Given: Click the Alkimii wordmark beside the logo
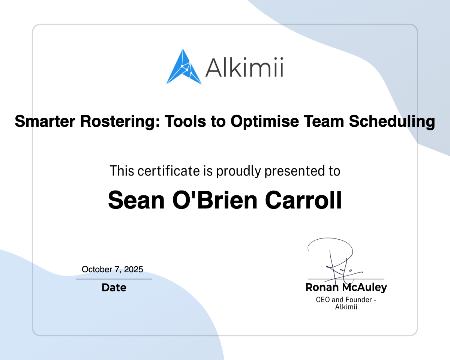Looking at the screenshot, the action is pyautogui.click(x=244, y=67).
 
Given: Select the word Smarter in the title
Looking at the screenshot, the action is pyautogui.click(x=45, y=121).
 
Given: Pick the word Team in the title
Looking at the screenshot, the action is pyautogui.click(x=324, y=121).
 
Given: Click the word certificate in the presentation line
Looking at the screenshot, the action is pyautogui.click(x=169, y=171).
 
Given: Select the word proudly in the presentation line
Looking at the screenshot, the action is pyautogui.click(x=238, y=171).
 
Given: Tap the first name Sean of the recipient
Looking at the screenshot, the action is pyautogui.click(x=136, y=200).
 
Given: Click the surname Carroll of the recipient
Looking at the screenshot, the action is pyautogui.click(x=303, y=200).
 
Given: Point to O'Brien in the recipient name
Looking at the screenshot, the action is pyautogui.click(x=215, y=200).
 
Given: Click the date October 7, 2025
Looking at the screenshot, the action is pyautogui.click(x=112, y=270).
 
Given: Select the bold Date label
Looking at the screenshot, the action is pyautogui.click(x=114, y=287).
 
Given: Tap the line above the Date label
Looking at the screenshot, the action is pyautogui.click(x=114, y=279).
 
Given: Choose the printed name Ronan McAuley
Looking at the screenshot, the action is pyautogui.click(x=346, y=287).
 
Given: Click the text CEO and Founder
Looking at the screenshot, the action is pyautogui.click(x=344, y=300).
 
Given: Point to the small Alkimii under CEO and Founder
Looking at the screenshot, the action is pyautogui.click(x=346, y=307).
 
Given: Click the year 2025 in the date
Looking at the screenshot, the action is pyautogui.click(x=133, y=269).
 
